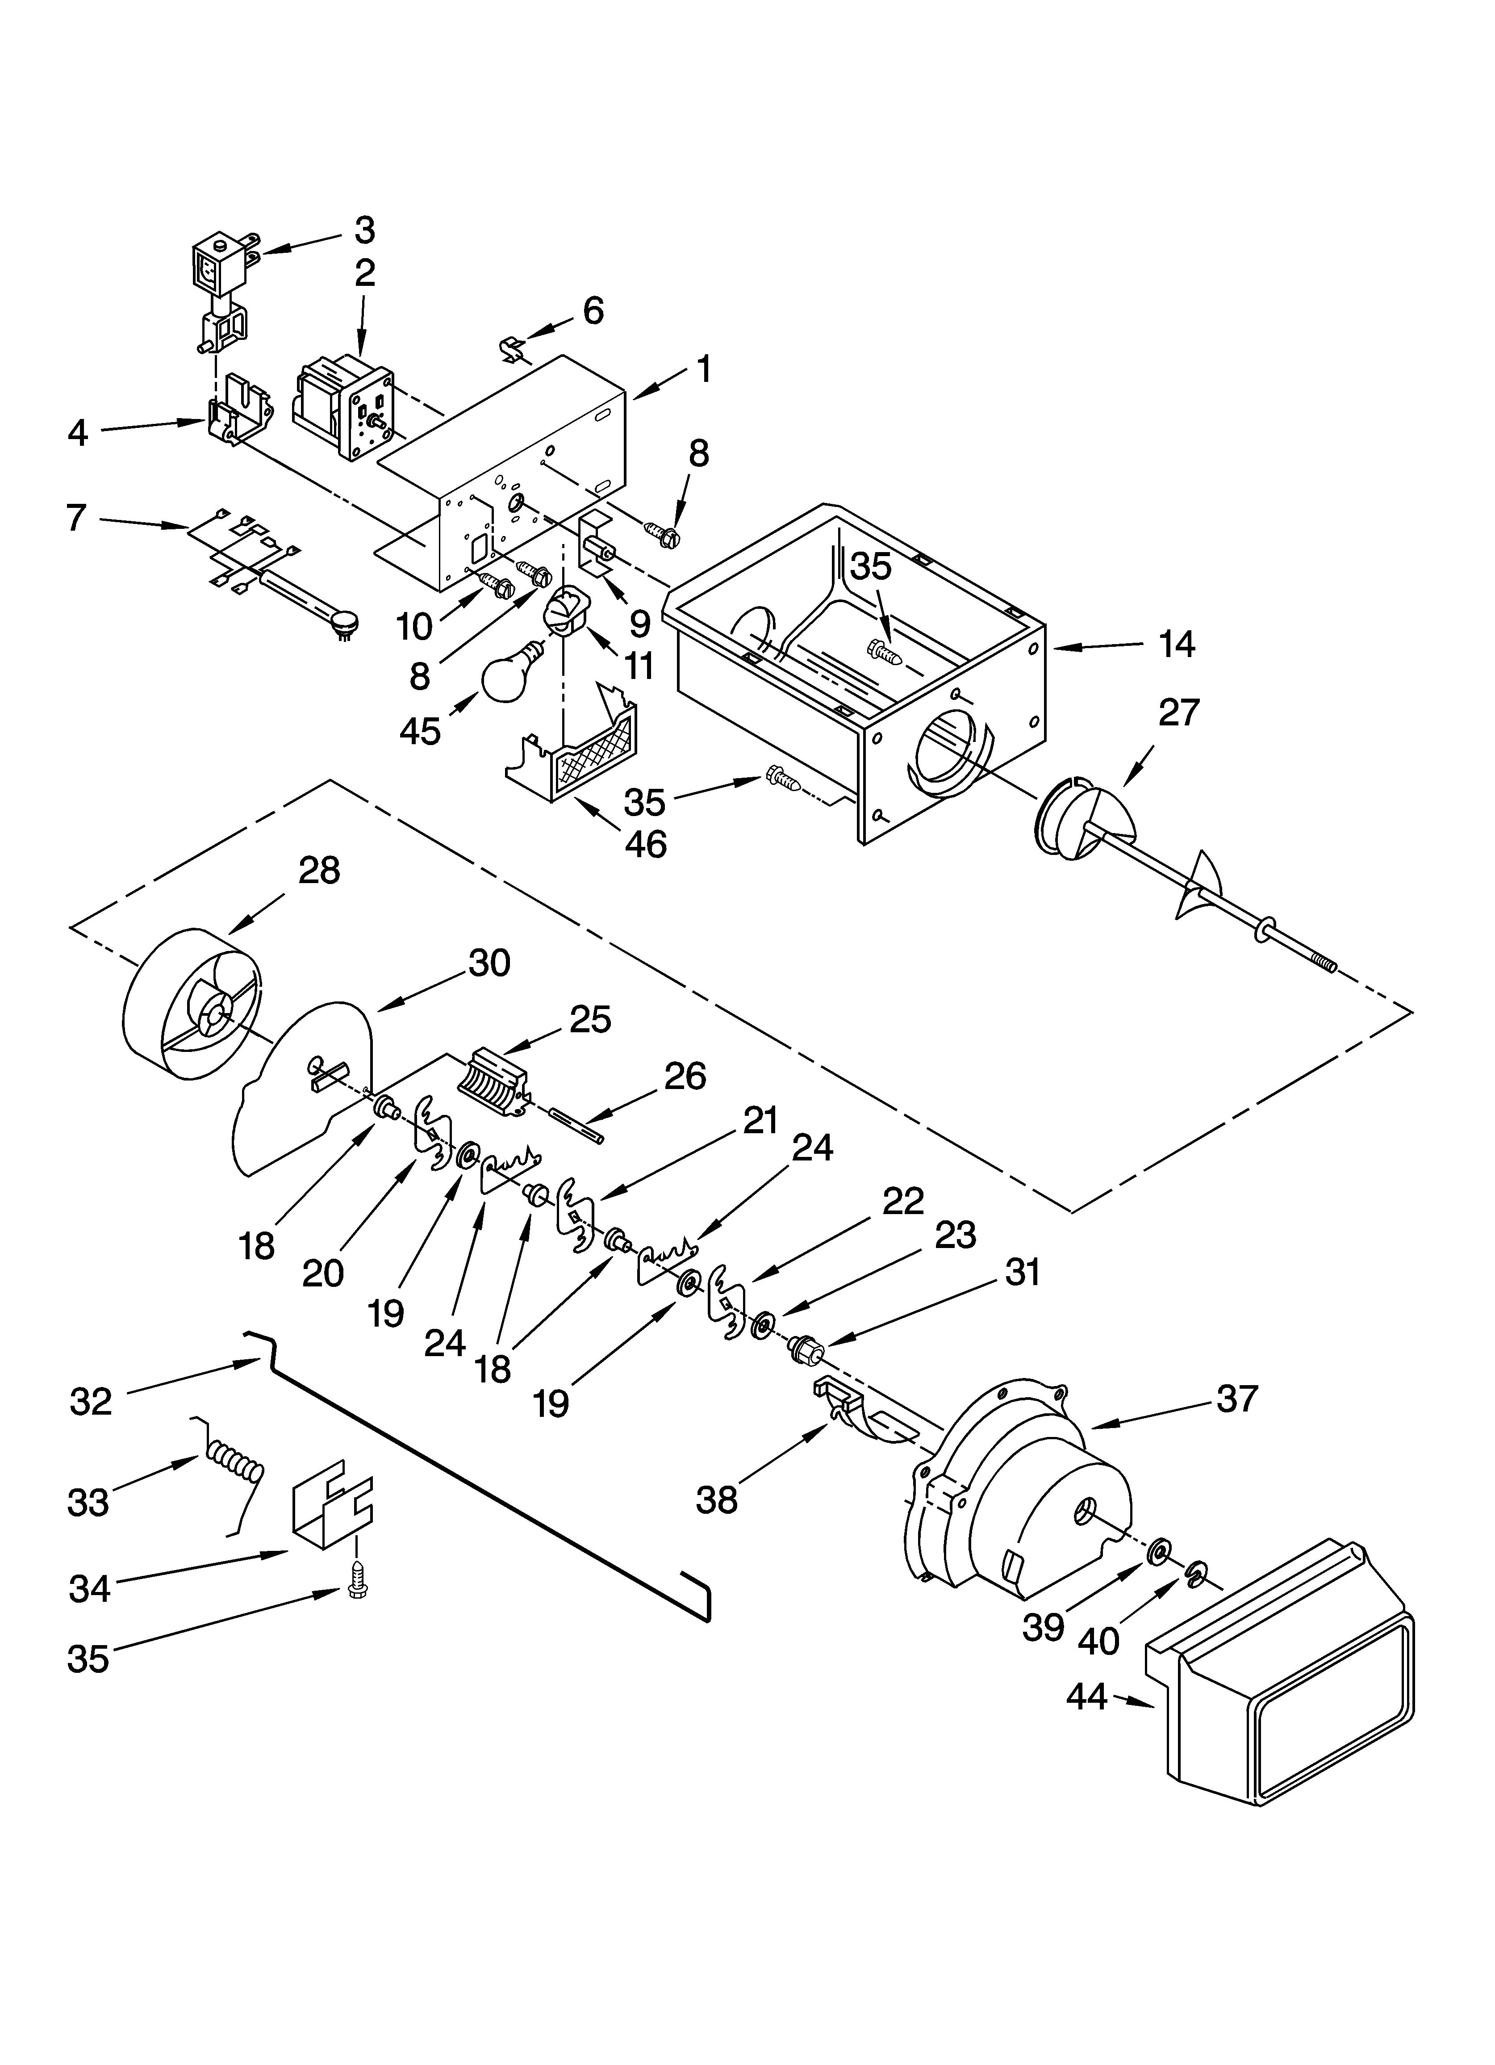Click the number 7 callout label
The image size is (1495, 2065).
[76, 518]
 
